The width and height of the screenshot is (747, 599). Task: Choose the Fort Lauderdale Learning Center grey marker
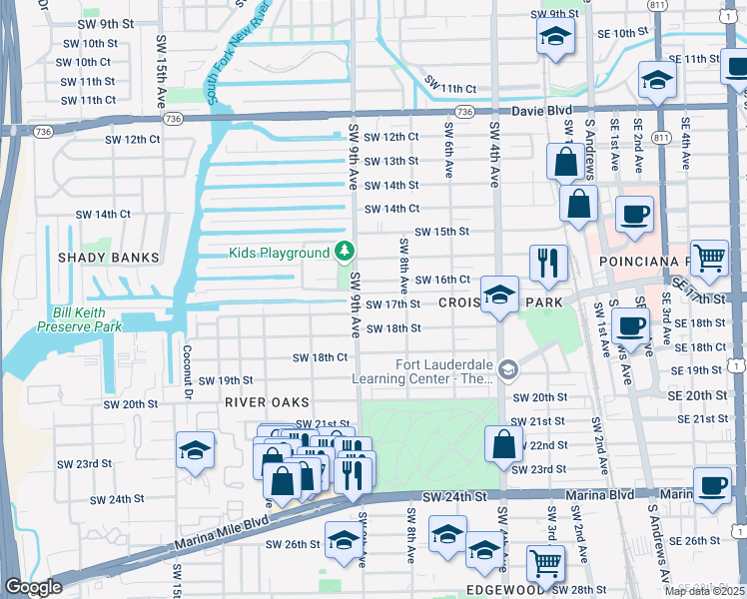point(507,370)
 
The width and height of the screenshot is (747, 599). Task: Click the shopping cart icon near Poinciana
point(709,258)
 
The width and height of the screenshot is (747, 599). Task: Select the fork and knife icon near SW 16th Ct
point(547,263)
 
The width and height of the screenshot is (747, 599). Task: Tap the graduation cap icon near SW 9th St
point(554,38)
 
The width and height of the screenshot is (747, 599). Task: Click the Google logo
point(33,587)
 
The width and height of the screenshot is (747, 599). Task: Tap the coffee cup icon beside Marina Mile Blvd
point(711,485)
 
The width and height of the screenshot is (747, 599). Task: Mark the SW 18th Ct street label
point(320,357)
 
